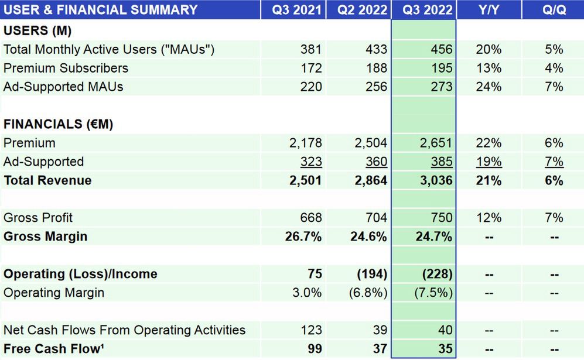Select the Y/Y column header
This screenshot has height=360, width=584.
[489, 10]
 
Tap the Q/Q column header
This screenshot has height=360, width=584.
[554, 10]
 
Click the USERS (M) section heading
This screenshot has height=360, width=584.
[37, 30]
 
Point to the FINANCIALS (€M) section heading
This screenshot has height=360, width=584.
[59, 124]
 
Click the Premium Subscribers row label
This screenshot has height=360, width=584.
[66, 68]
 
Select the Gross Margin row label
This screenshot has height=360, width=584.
[46, 236]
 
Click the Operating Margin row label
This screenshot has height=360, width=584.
[54, 293]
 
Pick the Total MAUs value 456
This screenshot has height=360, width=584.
[441, 49]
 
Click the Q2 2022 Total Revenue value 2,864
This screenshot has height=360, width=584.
[371, 180]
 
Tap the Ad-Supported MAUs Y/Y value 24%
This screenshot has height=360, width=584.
[489, 87]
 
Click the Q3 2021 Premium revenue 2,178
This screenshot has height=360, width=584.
[306, 143]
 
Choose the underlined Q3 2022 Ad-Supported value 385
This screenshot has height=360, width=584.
[441, 162]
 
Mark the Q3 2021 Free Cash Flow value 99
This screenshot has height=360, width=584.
[314, 349]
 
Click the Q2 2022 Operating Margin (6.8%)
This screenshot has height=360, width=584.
[369, 293]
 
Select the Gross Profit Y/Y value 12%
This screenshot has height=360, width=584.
[489, 218]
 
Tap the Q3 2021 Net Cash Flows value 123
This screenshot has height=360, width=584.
[310, 330]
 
